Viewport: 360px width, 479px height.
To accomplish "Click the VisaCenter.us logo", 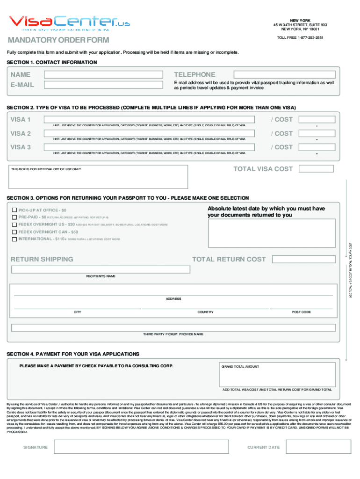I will tap(70, 22).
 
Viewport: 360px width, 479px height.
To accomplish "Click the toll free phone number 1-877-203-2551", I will tap(300, 37).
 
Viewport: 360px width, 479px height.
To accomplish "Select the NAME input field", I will tap(103, 74).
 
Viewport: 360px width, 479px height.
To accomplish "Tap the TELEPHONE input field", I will tap(284, 74).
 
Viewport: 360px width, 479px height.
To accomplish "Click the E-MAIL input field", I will tap(103, 85).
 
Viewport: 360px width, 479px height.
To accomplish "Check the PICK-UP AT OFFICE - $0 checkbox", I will tap(14, 210).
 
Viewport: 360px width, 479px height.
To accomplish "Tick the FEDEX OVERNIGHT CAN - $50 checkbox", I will tap(14, 232).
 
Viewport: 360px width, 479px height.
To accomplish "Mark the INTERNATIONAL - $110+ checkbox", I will tap(14, 239).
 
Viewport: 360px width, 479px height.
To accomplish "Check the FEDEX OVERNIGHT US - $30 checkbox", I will tap(14, 225).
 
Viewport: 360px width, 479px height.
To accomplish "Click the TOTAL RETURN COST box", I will tap(303, 259).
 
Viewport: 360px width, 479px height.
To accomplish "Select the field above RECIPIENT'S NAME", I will tap(101, 269).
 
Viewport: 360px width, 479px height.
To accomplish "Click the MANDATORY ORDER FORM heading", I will tap(58, 40).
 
